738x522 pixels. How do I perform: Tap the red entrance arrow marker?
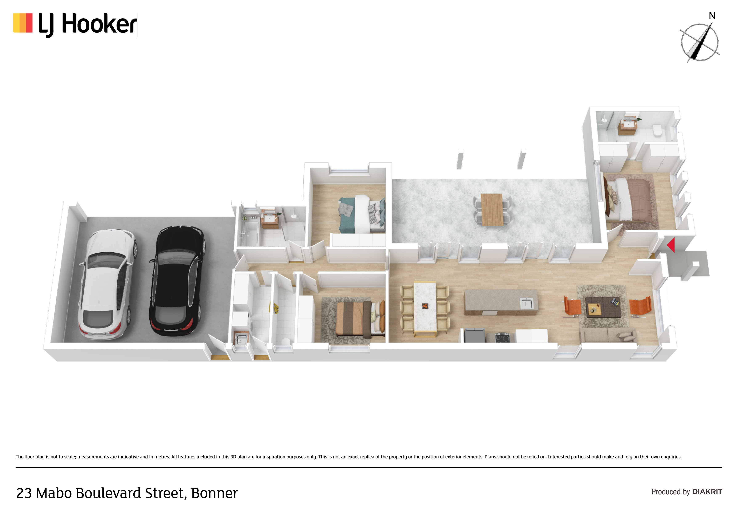pyautogui.click(x=671, y=245)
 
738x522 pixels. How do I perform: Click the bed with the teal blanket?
pyautogui.click(x=362, y=214)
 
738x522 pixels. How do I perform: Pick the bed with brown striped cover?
pyautogui.click(x=360, y=319)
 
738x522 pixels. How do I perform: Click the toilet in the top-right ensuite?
pyautogui.click(x=657, y=130)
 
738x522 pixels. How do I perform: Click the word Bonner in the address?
pyautogui.click(x=214, y=493)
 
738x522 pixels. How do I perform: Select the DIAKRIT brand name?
pyautogui.click(x=707, y=492)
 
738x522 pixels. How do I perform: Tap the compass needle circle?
pyautogui.click(x=700, y=42)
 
